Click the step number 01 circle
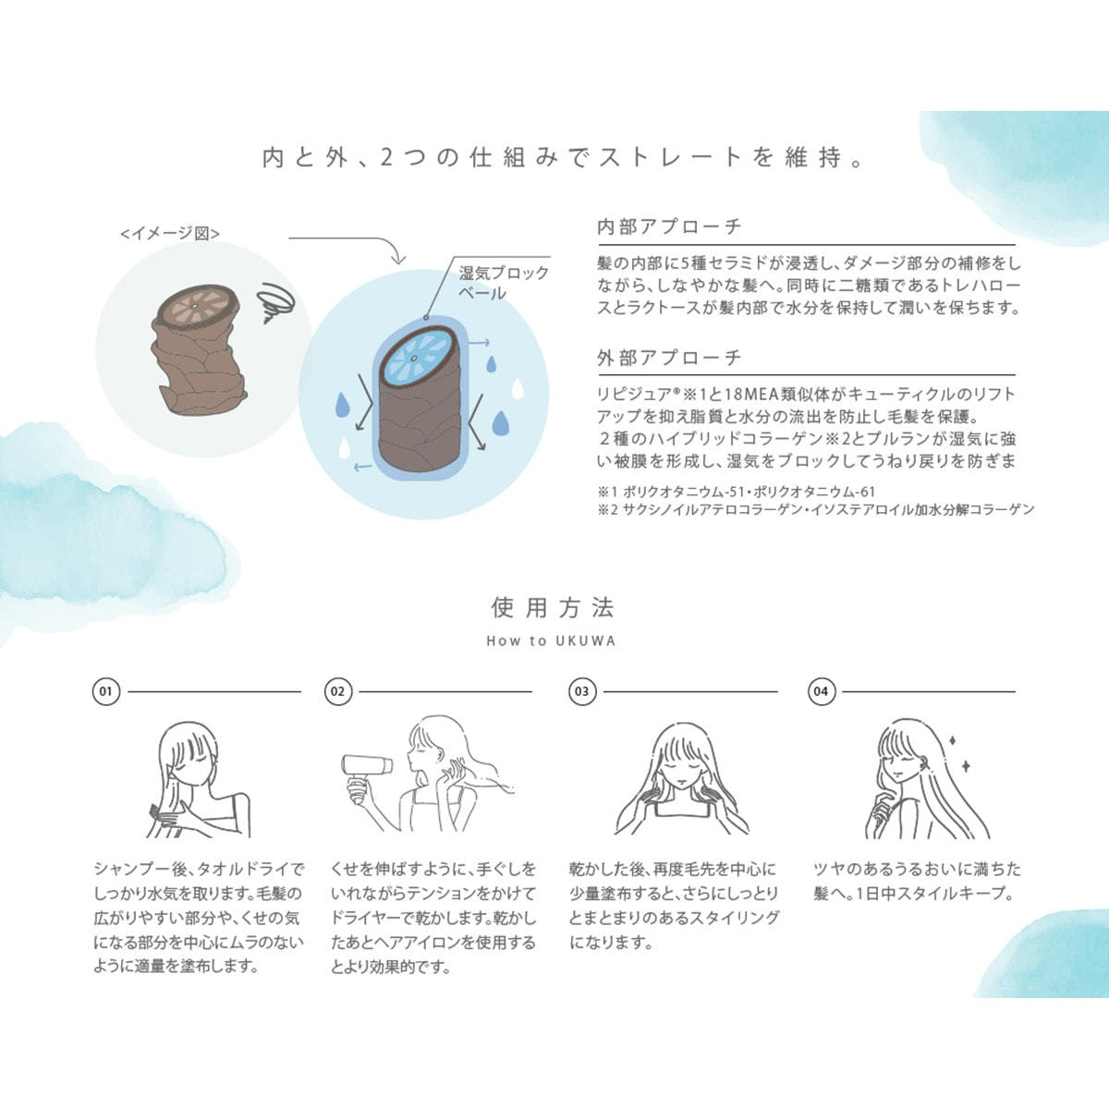(106, 691)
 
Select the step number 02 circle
(338, 691)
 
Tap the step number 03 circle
(582, 691)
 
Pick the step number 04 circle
(822, 691)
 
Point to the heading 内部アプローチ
(669, 226)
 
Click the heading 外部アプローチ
(669, 358)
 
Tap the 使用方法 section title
(553, 608)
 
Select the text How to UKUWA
(552, 641)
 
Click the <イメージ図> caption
(170, 233)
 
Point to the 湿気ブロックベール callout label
(504, 283)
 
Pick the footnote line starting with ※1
(737, 492)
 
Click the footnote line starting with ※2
(816, 509)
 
